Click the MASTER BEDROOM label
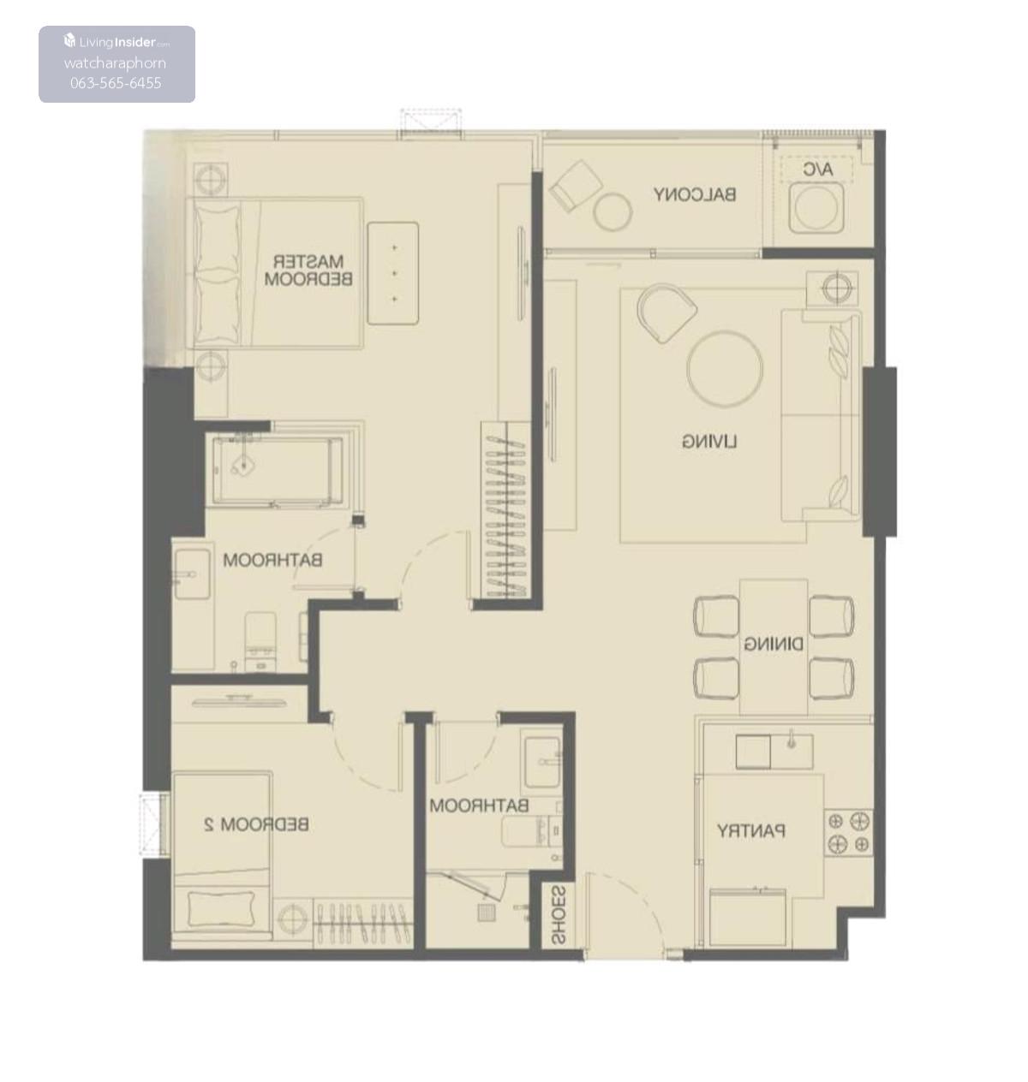click(x=308, y=270)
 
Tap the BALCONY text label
click(x=695, y=194)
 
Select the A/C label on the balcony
click(x=818, y=170)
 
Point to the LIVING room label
click(x=709, y=442)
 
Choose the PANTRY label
click(x=751, y=831)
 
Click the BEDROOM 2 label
click(x=256, y=824)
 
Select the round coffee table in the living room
click(x=725, y=369)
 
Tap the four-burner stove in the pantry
click(x=849, y=833)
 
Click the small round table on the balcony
click(x=613, y=213)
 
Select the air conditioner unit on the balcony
click(x=816, y=209)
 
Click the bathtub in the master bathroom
click(x=278, y=471)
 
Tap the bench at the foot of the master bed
click(x=393, y=274)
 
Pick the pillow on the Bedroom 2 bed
click(x=222, y=909)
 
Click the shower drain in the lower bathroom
click(x=487, y=913)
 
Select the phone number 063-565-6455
click(x=117, y=83)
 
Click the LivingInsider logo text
click(x=117, y=42)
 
